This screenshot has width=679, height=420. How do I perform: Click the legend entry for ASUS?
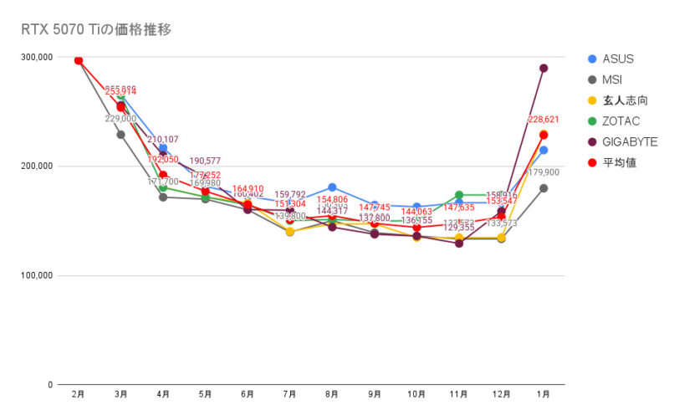pos(617,59)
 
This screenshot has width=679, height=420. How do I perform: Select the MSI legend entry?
pos(614,79)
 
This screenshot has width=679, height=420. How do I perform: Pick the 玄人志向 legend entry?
pos(625,100)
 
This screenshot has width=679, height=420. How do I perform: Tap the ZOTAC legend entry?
pos(620,121)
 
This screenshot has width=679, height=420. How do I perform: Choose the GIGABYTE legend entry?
pos(630,141)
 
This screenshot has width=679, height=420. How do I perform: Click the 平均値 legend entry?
pos(619,162)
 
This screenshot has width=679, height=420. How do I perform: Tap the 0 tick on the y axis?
pos(50,385)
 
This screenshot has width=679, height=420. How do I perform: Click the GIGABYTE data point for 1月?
pos(544,69)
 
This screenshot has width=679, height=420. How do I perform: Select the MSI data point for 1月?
pos(544,188)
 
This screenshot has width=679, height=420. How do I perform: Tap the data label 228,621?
pos(543,120)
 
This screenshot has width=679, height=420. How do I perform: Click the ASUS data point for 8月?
pos(332,187)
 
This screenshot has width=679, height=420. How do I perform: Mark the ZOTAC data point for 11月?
pos(459,195)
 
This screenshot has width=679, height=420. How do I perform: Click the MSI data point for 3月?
pos(120,135)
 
